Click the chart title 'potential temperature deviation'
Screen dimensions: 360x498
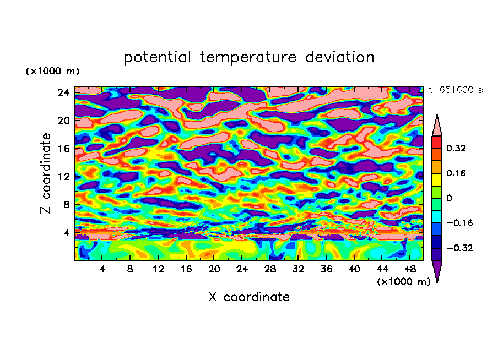249,57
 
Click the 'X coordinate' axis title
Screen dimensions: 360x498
249,297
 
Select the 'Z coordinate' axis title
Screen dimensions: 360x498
46,173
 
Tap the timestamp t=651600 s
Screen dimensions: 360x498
455,90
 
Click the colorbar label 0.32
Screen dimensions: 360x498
457,148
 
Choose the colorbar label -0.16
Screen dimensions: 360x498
459,223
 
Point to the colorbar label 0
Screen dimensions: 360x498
448,198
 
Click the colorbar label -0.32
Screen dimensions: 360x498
459,248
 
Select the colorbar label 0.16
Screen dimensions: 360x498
457,173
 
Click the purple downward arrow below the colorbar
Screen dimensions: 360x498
437,271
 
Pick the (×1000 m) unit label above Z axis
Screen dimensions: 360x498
52,72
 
